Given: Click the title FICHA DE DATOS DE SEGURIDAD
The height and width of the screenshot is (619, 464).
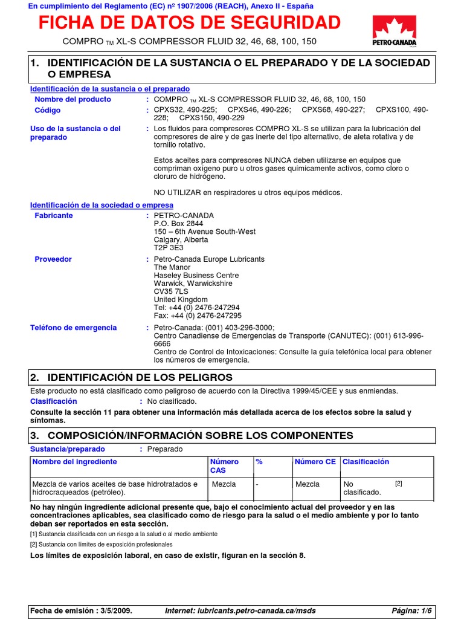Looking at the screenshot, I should [190, 23].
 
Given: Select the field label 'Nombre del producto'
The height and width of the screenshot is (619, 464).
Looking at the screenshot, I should [72, 99].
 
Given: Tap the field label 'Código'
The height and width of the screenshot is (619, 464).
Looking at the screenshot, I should [48, 110].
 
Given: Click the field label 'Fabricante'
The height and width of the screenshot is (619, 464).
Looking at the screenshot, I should [54, 216].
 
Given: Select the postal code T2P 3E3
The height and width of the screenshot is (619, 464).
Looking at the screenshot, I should [169, 248].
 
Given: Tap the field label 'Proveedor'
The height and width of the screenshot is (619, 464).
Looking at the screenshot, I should [53, 259].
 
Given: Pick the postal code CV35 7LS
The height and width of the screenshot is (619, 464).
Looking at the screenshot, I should [171, 291].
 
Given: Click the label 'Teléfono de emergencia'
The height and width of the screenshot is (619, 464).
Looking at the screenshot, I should [74, 328].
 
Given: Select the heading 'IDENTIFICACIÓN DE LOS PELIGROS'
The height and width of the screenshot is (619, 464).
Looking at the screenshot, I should [140, 377].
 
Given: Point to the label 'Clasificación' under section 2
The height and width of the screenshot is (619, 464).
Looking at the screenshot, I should [54, 401].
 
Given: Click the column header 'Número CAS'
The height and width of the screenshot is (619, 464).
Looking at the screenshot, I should [224, 466].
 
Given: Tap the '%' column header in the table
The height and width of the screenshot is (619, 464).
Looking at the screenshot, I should [259, 462].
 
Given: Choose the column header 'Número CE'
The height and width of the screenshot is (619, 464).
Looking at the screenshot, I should [315, 462].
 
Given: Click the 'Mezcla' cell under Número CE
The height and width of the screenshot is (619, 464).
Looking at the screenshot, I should [308, 484].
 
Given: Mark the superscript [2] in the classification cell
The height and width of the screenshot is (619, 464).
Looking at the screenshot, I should [398, 484].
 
